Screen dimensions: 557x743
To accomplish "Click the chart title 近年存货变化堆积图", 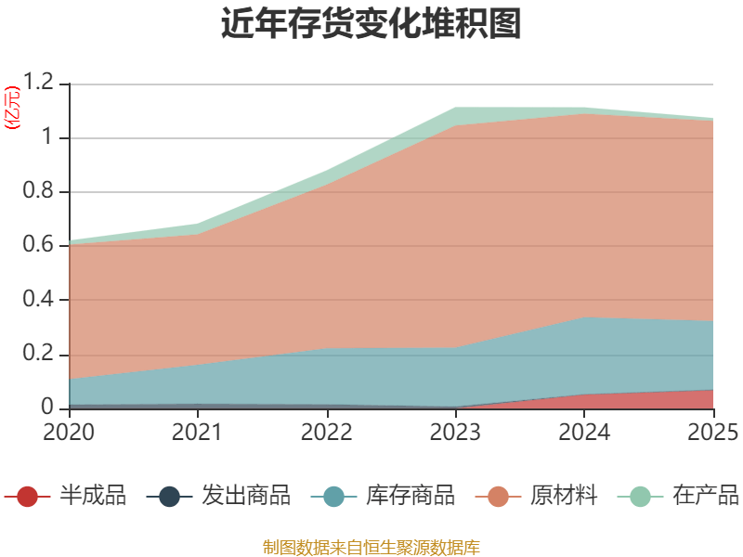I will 371,24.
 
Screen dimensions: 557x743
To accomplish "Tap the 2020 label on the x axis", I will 69,432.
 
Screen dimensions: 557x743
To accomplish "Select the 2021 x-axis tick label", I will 197,432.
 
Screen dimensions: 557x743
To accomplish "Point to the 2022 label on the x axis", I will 326,432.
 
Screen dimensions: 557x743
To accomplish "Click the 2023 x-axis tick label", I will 455,432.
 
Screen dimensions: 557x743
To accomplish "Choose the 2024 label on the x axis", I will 584,432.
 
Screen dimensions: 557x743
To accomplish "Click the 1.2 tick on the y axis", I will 40,84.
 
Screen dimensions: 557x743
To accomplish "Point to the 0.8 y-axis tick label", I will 40,192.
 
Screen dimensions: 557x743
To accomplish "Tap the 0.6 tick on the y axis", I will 40,246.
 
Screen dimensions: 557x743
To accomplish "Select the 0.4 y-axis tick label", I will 40,300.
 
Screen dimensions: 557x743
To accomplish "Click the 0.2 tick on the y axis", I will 40,355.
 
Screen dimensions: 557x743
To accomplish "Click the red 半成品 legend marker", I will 28,497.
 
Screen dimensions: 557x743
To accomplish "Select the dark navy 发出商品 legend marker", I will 169,497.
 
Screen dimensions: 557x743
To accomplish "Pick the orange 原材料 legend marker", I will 498,497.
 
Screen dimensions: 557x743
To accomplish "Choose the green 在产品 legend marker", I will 640,497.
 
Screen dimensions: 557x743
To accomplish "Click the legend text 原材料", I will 564,497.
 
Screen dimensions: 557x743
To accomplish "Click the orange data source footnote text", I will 371,547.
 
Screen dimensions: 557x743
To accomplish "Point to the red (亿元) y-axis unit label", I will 12,109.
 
